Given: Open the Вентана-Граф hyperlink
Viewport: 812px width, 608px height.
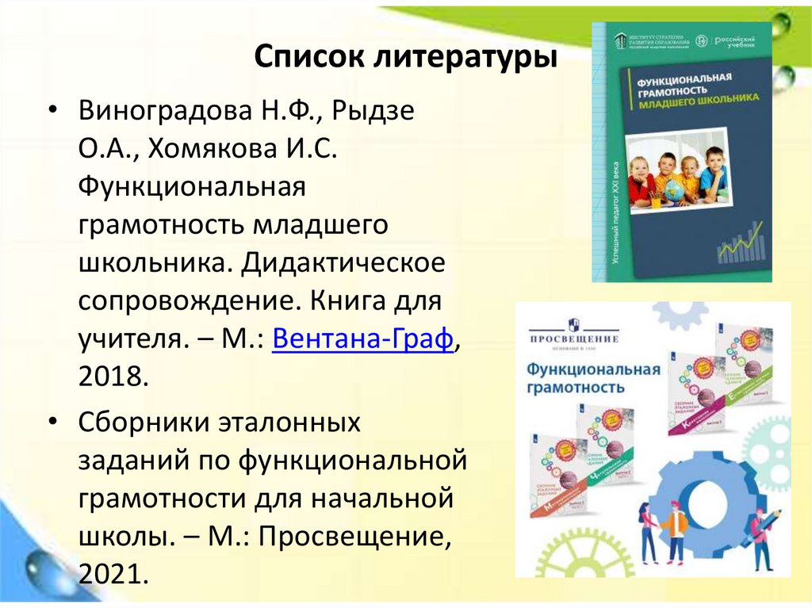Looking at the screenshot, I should [x=363, y=339].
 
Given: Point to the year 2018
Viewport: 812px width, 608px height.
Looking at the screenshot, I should [x=113, y=377].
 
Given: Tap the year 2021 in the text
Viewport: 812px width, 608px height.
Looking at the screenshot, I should [x=113, y=573].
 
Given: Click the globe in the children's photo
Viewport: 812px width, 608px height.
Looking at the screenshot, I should [x=676, y=190].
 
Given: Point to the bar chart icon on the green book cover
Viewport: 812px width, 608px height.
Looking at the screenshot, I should [x=741, y=242].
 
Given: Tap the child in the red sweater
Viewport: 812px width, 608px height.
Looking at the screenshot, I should [x=641, y=181].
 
